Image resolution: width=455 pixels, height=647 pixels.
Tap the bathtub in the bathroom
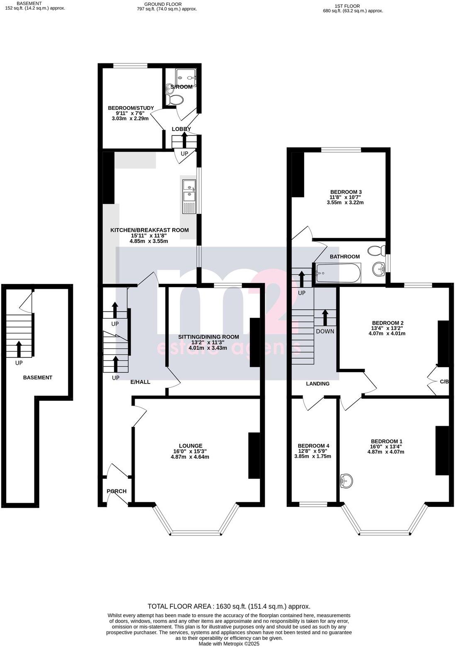tap(337, 273)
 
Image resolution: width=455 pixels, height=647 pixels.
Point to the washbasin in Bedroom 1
tap(346, 481)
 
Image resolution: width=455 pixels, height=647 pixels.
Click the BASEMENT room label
tap(38, 378)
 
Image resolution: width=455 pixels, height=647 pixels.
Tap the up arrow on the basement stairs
tap(19, 349)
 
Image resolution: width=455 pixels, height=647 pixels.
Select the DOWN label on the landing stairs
tap(325, 331)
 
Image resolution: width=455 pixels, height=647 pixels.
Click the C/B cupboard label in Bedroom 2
tap(444, 381)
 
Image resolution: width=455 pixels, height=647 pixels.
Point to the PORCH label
tap(116, 491)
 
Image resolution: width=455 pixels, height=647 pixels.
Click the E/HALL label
tap(140, 382)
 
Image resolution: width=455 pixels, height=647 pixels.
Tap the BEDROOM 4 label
tap(313, 446)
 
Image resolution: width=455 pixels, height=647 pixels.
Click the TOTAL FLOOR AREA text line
tap(229, 606)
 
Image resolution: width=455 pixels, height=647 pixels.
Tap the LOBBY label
tap(182, 129)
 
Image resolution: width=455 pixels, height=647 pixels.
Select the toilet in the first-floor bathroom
tap(376, 250)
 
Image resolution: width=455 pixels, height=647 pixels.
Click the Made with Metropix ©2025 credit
tap(229, 644)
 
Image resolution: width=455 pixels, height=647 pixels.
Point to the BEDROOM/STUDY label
tap(131, 108)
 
